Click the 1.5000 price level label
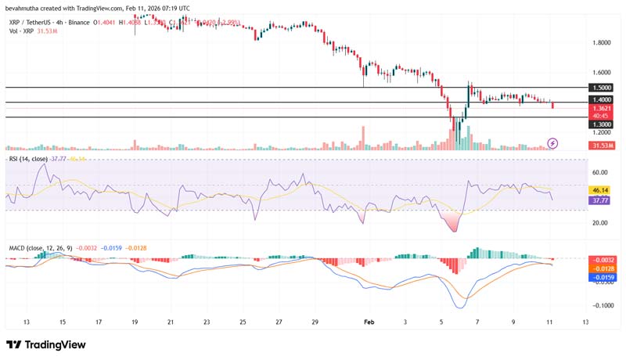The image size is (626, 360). [601, 88]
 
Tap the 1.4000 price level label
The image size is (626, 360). [601, 100]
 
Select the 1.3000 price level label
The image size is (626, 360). [601, 124]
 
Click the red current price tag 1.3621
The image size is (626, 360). [601, 110]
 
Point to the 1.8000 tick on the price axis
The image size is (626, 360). [601, 42]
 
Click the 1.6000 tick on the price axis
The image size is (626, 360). [601, 70]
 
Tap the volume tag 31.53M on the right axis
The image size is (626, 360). [602, 146]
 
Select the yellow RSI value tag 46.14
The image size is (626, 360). [601, 190]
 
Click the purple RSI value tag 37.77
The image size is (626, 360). [601, 200]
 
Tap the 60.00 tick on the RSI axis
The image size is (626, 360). [599, 172]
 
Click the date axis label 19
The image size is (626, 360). [134, 322]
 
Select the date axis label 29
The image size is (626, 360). [314, 322]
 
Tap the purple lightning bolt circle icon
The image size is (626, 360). [553, 143]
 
